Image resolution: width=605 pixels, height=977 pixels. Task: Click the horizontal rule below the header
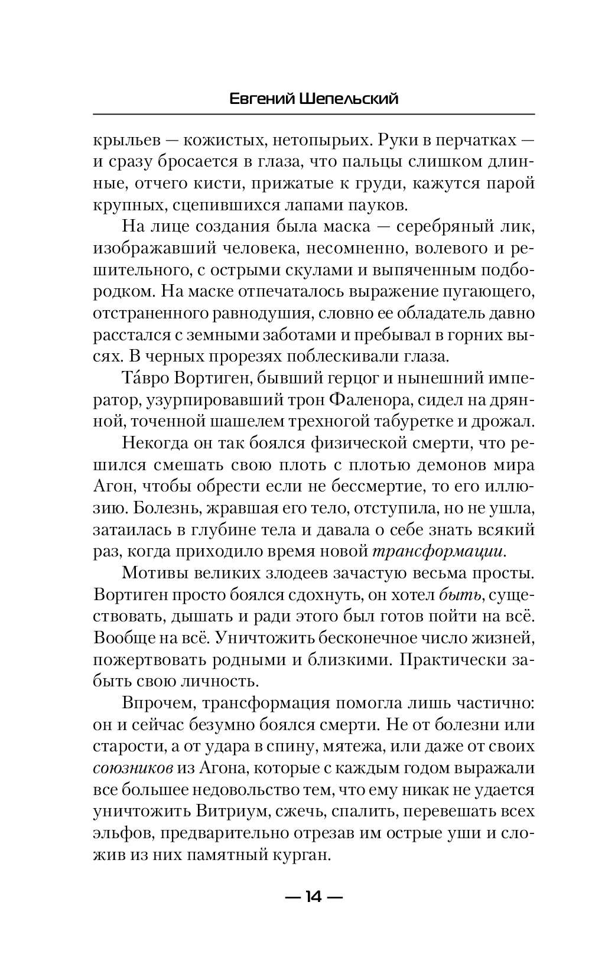coord(314,114)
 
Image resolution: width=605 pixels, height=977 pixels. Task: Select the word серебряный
coord(458,227)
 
